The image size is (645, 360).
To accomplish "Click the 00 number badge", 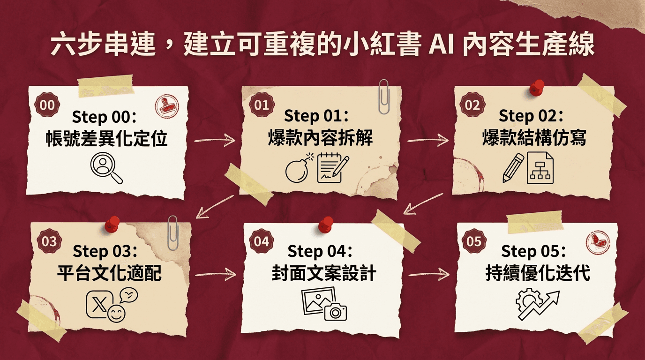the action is click(47, 105).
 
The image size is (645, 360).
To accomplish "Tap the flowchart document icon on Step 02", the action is click(540, 169).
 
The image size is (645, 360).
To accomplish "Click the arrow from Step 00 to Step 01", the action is click(214, 139).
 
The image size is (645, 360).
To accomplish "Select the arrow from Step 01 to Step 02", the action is click(427, 139).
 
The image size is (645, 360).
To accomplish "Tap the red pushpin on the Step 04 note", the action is click(325, 225).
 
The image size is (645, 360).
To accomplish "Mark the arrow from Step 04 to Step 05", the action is click(428, 275).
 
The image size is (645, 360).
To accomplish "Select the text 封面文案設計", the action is click(324, 274).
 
